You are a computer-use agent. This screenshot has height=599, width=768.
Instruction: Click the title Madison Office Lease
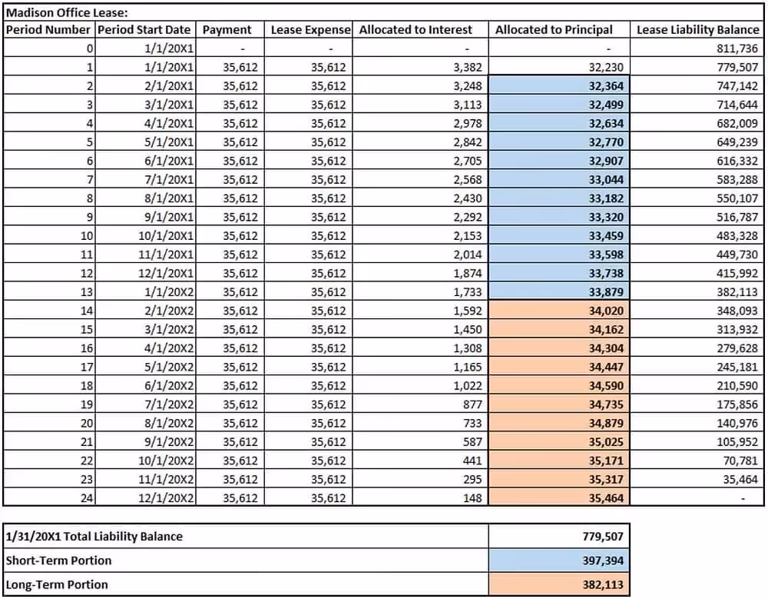point(68,12)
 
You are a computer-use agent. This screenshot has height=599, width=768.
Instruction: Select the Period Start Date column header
point(144,29)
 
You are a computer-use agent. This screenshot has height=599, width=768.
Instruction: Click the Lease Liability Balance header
point(697,29)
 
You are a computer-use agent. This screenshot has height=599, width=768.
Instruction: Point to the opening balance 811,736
point(737,48)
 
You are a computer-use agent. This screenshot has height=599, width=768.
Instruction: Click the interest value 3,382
point(468,67)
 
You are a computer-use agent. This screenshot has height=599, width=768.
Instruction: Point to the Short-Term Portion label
point(58,560)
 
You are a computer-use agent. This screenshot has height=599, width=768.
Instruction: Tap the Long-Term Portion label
point(57,584)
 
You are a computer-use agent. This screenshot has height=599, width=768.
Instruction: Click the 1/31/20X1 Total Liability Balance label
point(94,536)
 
